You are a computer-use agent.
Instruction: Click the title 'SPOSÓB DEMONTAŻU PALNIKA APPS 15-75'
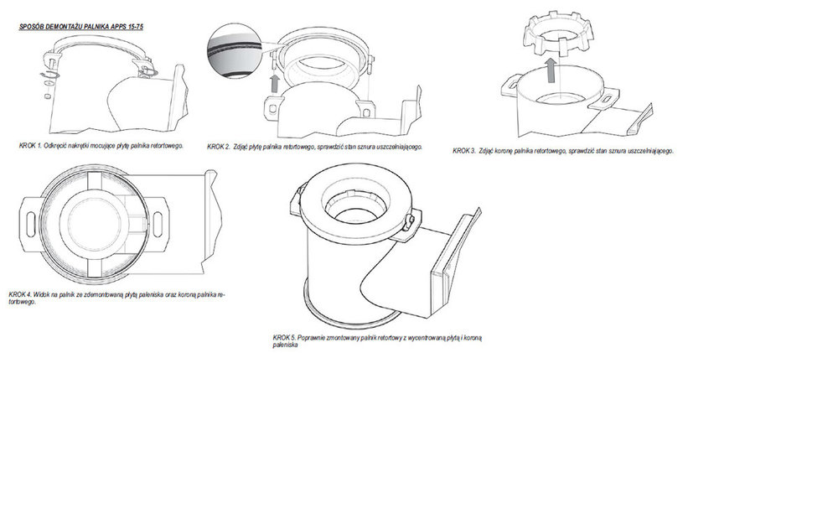point(81,26)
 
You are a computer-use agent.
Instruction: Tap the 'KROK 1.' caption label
point(30,145)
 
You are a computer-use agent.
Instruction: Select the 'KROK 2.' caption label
point(219,147)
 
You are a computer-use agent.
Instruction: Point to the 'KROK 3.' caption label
point(464,151)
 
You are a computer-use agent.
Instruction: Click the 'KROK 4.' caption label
point(20,294)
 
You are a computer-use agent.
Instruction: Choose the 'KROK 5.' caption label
point(284,338)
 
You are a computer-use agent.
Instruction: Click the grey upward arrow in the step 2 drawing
point(275,83)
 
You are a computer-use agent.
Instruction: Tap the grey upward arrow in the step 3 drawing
point(550,70)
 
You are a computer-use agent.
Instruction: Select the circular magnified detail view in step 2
point(234,51)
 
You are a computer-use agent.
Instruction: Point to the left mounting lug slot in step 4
point(30,222)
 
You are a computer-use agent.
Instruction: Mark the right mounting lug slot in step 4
point(158,223)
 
